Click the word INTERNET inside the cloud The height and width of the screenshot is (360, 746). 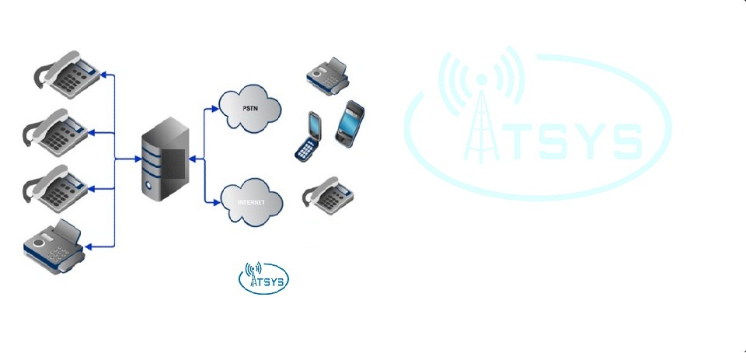pos(251,202)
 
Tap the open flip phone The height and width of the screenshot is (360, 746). pos(309,137)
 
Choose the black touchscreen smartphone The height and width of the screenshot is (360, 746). pos(350,122)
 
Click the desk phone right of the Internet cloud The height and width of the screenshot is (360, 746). pos(330,195)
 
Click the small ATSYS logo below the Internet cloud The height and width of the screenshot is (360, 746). pos(263,278)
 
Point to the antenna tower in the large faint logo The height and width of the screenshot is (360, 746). pos(482,124)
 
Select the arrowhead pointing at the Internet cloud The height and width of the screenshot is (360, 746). pos(218,203)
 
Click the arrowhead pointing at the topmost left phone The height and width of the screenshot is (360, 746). pos(108,75)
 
